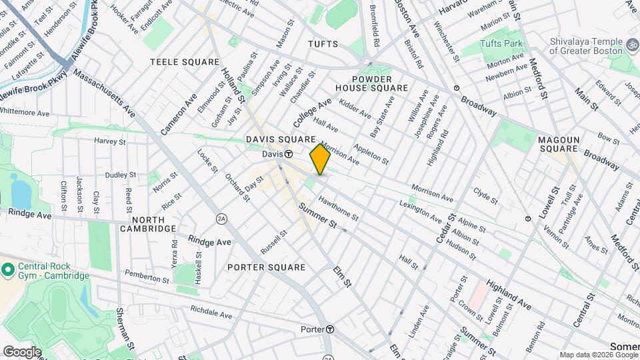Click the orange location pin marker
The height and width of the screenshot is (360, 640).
320,159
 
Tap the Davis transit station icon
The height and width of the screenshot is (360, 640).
289,154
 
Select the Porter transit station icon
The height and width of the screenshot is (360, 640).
330,329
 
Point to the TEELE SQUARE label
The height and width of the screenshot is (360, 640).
185,62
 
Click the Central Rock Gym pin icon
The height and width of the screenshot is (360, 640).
8,270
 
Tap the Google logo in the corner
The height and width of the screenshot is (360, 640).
22,351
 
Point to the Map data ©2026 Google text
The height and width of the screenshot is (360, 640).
598,354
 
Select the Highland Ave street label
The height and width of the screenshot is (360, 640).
508,294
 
